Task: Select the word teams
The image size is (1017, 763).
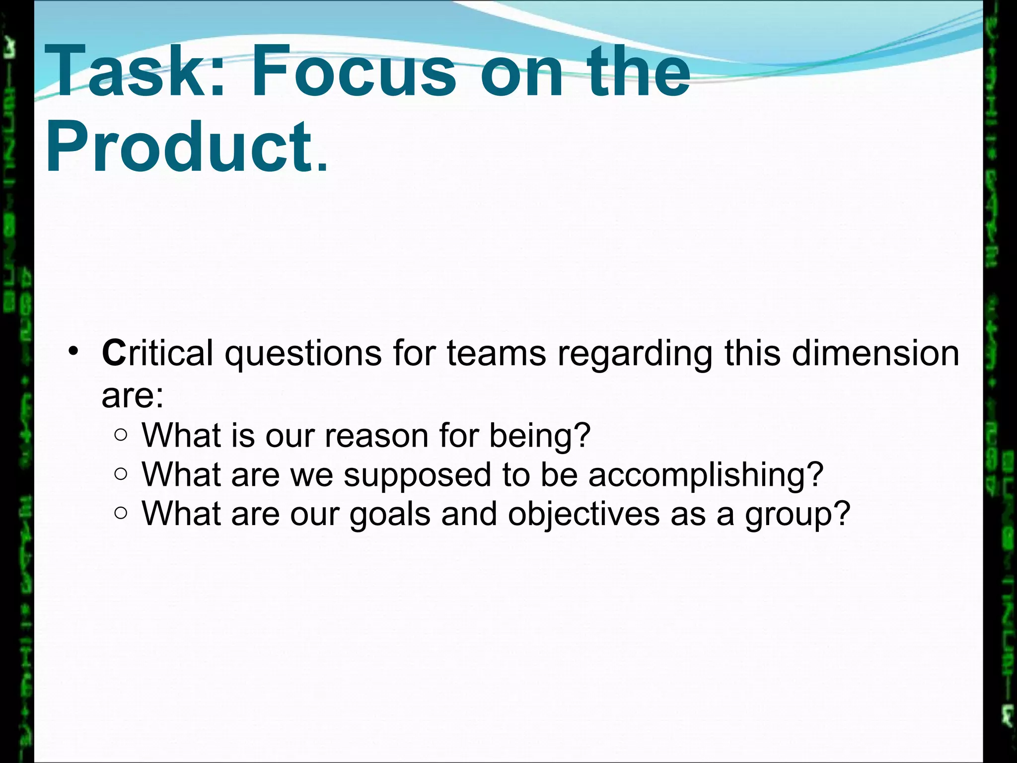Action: (496, 354)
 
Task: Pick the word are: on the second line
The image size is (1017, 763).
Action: (133, 396)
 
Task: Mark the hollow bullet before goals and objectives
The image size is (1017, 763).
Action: (121, 513)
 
